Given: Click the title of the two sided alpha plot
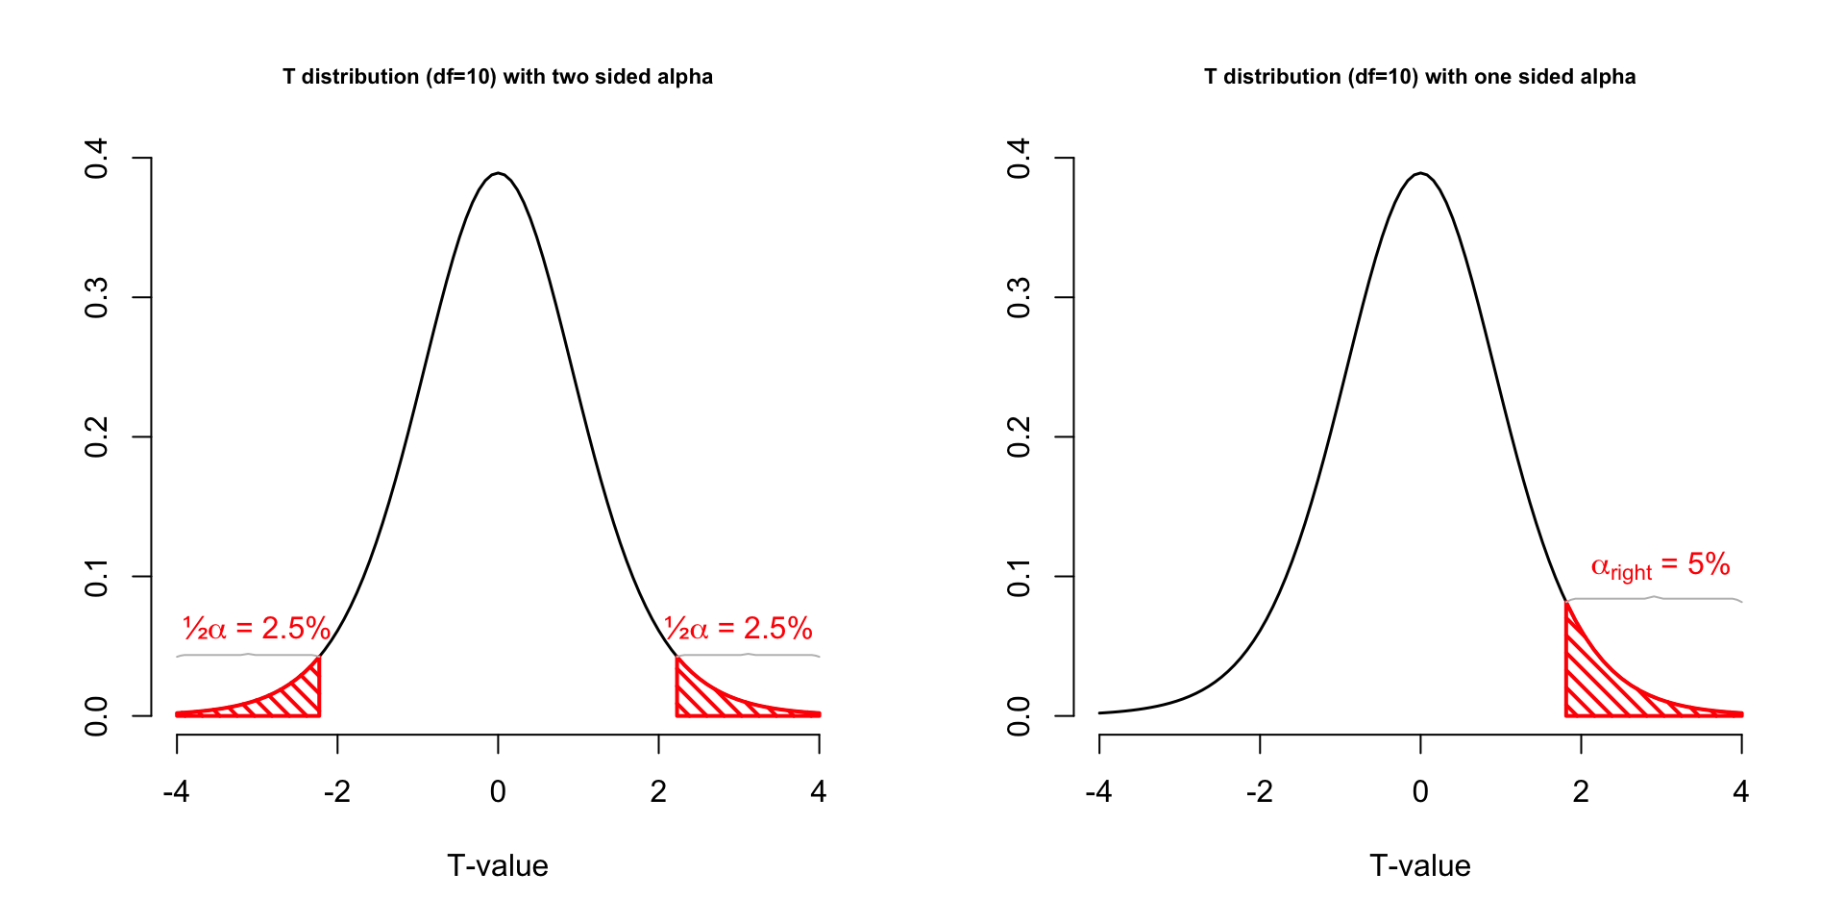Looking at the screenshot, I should point(498,77).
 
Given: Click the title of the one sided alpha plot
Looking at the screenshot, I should point(1419,77).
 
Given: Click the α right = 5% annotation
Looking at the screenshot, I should point(1660,566).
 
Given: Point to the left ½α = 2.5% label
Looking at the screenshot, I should point(257,629).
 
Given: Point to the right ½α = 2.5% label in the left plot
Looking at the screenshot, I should point(738,629).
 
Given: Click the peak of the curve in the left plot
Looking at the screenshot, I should point(498,174).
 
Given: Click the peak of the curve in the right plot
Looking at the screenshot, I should point(1420,174).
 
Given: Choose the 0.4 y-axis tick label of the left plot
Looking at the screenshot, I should point(96,159).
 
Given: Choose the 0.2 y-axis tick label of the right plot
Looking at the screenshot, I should point(1019,437).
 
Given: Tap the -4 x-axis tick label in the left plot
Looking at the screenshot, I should point(176,791).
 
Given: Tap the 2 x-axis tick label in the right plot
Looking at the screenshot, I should point(1581,791).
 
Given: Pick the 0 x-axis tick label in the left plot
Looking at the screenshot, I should point(498,791).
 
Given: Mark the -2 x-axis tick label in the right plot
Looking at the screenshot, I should point(1259,791).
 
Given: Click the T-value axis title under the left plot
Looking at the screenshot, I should point(498,865).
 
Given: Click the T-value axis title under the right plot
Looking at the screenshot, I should point(1419,865).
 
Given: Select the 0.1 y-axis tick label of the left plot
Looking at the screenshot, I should point(96,577).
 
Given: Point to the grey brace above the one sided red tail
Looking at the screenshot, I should point(1654,598).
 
